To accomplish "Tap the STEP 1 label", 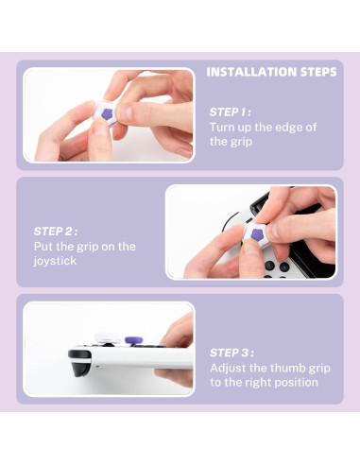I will (230, 112).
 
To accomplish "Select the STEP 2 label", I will (55, 230).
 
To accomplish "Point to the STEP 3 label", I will (231, 352).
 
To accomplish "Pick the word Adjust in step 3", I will (231, 367).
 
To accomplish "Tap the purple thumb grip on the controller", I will (135, 336).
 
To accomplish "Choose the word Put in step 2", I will (43, 246).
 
